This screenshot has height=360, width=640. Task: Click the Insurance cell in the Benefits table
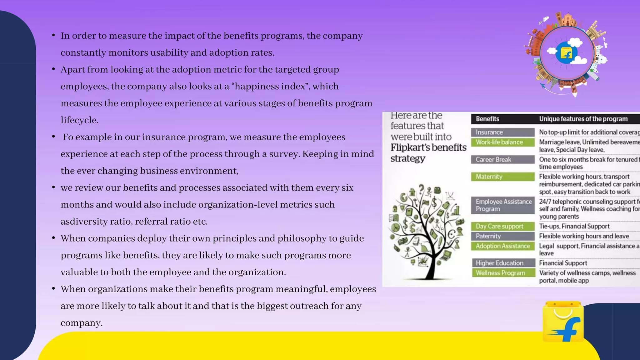(x=502, y=132)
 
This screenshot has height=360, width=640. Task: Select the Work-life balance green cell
(x=502, y=142)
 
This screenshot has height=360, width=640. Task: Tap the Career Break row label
(x=502, y=159)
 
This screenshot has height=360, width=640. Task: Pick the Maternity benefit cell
(x=502, y=177)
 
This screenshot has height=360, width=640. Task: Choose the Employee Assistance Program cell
(x=502, y=205)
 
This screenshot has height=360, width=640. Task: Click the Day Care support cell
(x=502, y=226)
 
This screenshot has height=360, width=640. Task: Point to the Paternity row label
(x=502, y=236)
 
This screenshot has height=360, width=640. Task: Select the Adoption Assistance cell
(x=502, y=246)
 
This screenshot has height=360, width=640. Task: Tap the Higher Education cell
(x=502, y=263)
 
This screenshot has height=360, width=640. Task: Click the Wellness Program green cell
(x=502, y=273)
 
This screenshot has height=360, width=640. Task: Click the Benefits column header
(x=487, y=119)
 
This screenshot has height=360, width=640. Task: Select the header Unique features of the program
(x=583, y=119)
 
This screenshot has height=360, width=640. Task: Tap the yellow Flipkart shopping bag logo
(x=563, y=322)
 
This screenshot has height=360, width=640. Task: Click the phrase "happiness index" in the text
(x=270, y=86)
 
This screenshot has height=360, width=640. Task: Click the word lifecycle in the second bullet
(x=79, y=120)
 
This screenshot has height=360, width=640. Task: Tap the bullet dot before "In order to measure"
(x=54, y=35)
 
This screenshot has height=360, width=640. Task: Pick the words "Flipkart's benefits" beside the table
(x=428, y=147)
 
